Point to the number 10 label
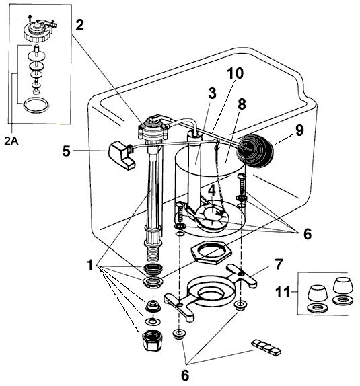pyautogui.click(x=235, y=73)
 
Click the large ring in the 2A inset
pyautogui.click(x=33, y=105)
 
